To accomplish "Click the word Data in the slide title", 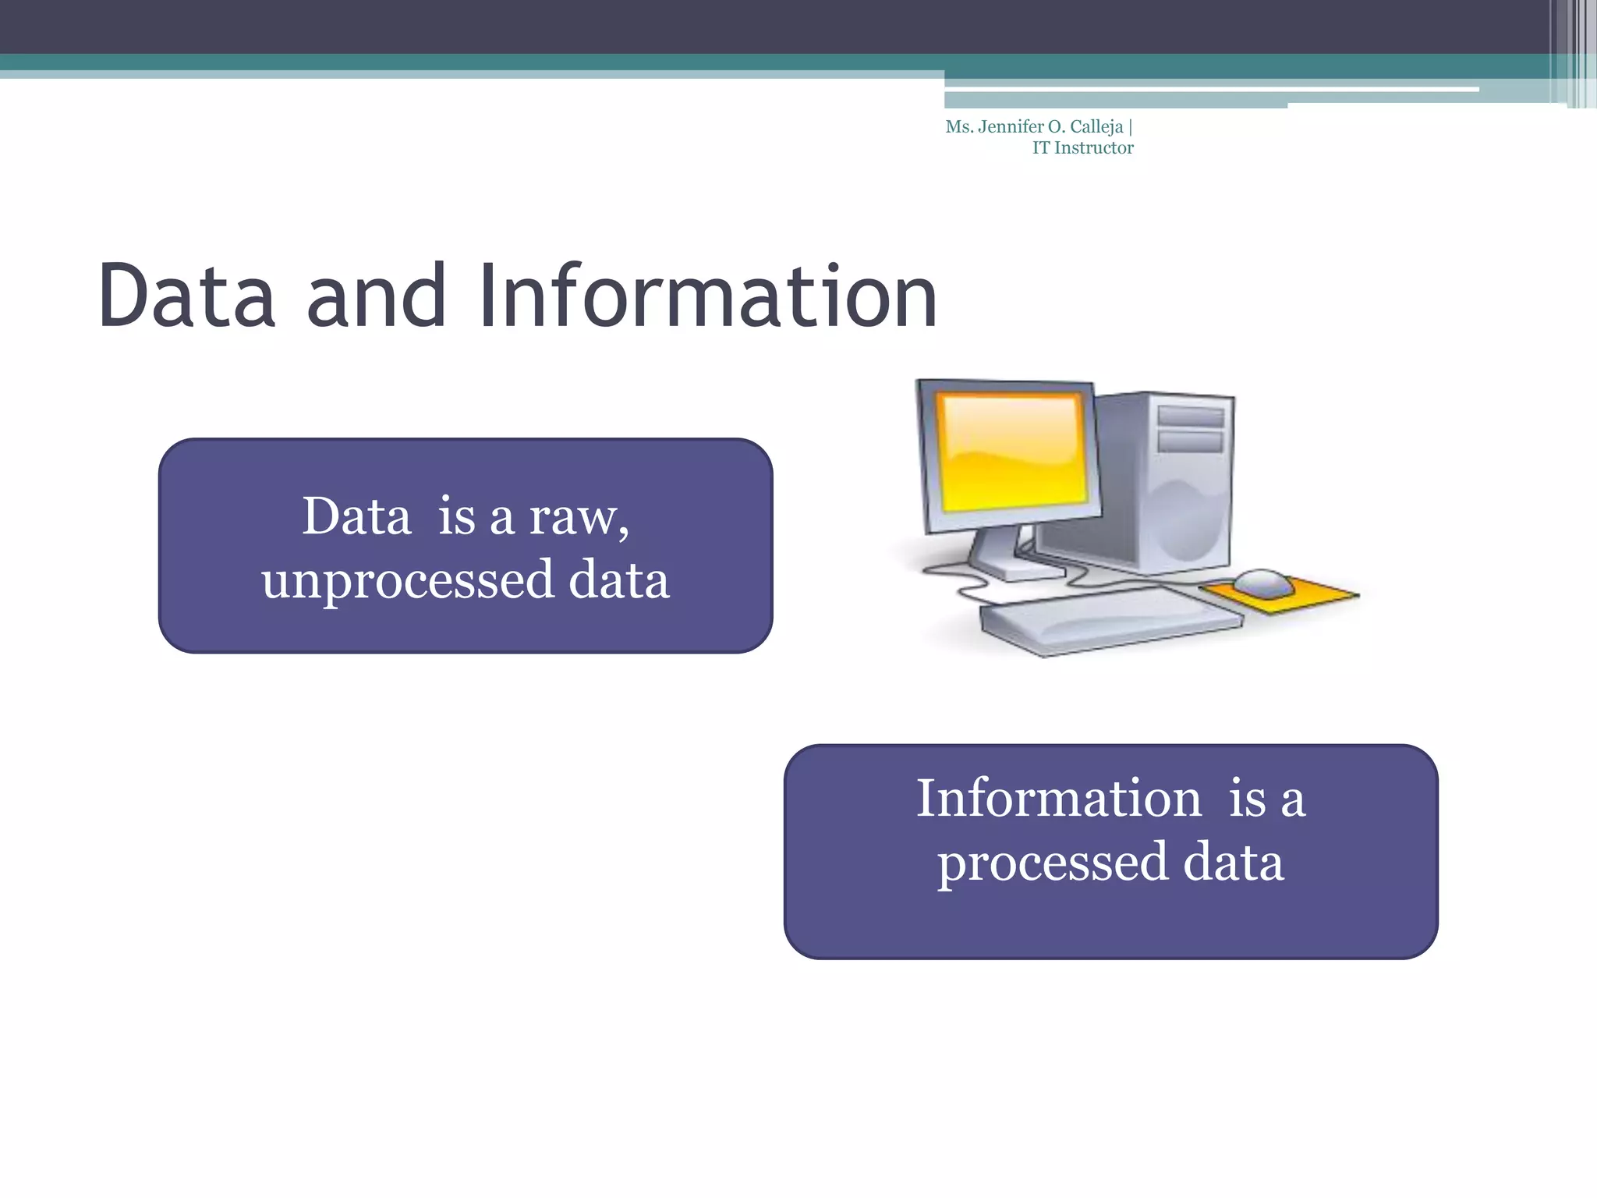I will click(x=187, y=297).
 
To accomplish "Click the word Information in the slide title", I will click(x=707, y=297).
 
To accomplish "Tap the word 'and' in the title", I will click(x=377, y=297).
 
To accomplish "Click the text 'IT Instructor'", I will click(x=1082, y=148).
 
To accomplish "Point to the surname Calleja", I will click(x=1096, y=127).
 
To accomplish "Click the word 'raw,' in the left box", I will click(x=579, y=517).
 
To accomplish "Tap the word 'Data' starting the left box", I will click(x=356, y=517).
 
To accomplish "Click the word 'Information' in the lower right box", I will click(x=1058, y=799).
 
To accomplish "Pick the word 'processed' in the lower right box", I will click(x=1053, y=863).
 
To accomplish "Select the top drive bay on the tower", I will click(x=1190, y=416).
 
